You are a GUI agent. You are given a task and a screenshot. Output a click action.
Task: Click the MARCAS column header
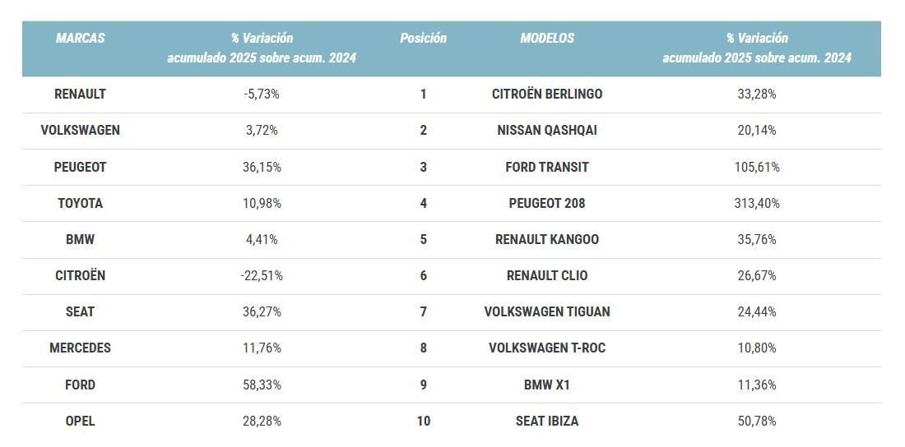click(80, 38)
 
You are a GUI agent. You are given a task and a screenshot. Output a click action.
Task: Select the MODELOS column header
click(547, 38)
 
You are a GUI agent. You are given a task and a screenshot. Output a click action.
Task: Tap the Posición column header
click(423, 38)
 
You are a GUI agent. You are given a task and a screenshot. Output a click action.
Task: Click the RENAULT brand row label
click(80, 94)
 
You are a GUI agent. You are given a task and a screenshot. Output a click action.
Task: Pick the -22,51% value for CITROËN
click(262, 275)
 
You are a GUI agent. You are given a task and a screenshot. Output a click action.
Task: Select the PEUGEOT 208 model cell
click(547, 203)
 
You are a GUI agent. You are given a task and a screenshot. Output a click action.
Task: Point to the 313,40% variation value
click(757, 203)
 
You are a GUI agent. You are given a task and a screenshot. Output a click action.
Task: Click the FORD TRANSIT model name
click(547, 167)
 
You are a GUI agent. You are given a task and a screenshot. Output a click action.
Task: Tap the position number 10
click(423, 421)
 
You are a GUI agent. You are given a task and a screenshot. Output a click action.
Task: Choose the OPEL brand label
click(80, 421)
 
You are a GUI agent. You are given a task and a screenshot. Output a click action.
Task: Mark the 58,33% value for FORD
click(262, 385)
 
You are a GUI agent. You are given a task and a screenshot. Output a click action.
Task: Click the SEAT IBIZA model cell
click(547, 421)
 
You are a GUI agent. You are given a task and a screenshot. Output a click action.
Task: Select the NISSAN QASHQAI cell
click(547, 130)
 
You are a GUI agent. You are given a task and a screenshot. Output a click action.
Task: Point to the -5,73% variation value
click(262, 94)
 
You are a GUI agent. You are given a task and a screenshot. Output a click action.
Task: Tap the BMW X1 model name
click(547, 385)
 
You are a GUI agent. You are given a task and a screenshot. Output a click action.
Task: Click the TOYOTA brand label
click(80, 203)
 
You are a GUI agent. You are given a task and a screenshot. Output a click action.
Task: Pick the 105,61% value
click(757, 167)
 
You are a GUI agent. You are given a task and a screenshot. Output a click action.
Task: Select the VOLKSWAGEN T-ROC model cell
click(547, 348)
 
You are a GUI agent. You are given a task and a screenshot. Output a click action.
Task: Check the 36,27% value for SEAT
click(262, 311)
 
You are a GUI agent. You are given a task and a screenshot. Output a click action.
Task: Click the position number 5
click(423, 239)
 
